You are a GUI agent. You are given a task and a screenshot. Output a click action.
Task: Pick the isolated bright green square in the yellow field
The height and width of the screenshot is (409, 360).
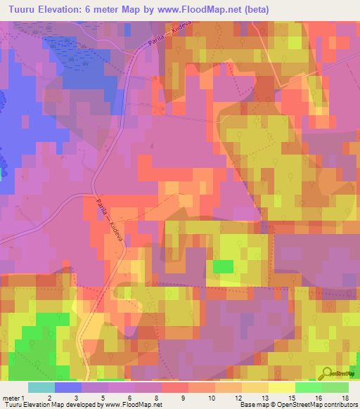coord(223,266)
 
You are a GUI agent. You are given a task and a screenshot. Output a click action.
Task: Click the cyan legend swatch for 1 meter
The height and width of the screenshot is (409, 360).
coord(41,387)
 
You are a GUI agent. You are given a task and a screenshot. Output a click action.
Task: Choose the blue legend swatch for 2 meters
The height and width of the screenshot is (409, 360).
coord(67,387)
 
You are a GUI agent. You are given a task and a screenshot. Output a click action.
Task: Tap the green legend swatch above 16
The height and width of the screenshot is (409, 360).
coord(308,387)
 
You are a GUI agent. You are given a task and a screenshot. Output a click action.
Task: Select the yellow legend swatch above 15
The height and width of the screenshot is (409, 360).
coord(281,387)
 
